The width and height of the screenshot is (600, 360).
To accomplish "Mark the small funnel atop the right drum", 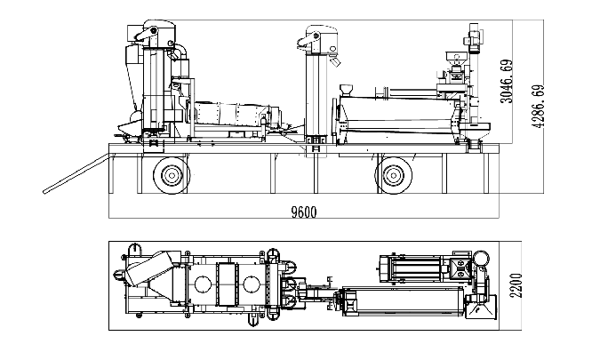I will (348, 89).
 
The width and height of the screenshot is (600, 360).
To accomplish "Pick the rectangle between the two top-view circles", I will (228, 285).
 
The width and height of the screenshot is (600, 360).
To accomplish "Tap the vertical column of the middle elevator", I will (314, 98).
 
